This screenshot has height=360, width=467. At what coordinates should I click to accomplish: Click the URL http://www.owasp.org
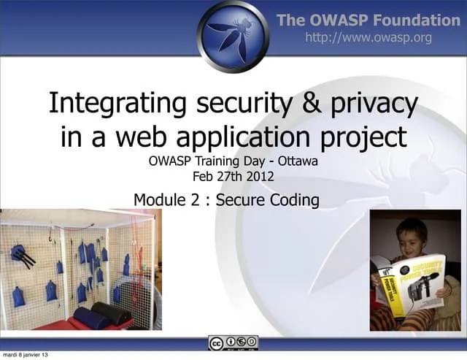pyautogui.click(x=368, y=37)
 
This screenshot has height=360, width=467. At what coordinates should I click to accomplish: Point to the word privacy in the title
pyautogui.click(x=373, y=104)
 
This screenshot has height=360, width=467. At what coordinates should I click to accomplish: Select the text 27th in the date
pyautogui.click(x=229, y=176)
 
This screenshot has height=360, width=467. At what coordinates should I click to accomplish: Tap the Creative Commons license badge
pyautogui.click(x=233, y=343)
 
